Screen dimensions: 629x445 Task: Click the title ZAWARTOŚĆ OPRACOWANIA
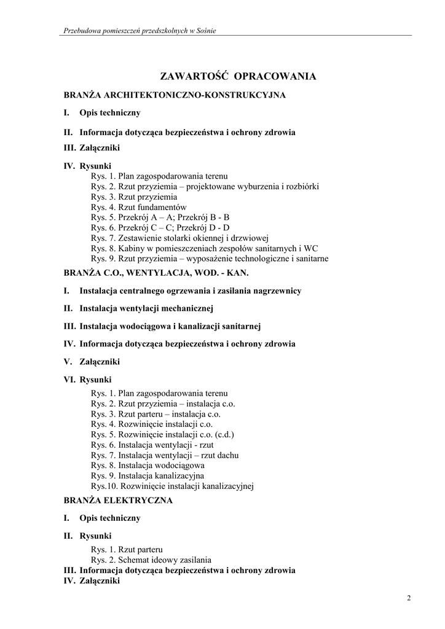(x=238, y=77)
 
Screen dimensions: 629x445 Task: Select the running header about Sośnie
(x=140, y=31)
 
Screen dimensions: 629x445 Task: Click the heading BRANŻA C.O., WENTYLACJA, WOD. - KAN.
(x=156, y=272)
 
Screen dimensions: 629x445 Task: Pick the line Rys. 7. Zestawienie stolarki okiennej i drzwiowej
(x=179, y=238)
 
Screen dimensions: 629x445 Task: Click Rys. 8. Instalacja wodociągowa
(x=148, y=466)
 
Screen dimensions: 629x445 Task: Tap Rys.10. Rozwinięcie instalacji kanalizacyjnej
(x=172, y=486)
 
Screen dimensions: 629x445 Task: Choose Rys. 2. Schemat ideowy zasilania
(x=151, y=560)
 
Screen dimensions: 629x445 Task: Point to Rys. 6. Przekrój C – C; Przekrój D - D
(x=160, y=228)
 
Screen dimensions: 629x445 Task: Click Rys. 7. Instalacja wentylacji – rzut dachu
(x=165, y=455)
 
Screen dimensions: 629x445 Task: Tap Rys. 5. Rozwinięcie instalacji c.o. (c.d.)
(x=162, y=434)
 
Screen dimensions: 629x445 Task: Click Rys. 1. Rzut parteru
(x=127, y=550)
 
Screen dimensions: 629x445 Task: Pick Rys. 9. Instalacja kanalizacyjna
(x=148, y=476)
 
